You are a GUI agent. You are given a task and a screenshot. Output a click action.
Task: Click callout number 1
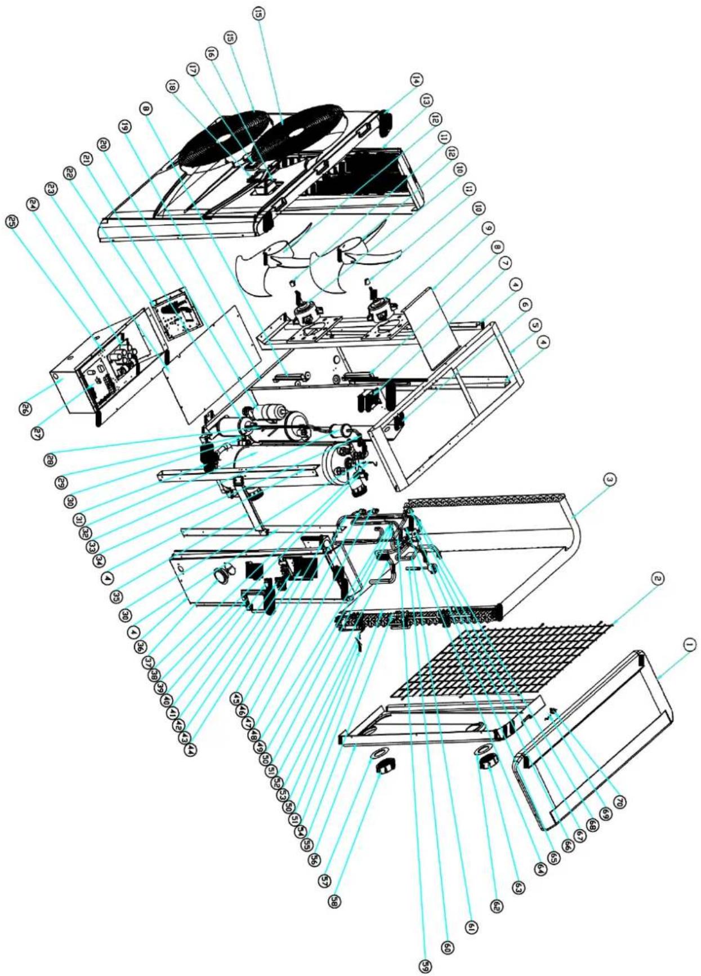click(691, 645)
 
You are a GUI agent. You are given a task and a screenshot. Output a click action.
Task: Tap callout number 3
click(609, 480)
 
